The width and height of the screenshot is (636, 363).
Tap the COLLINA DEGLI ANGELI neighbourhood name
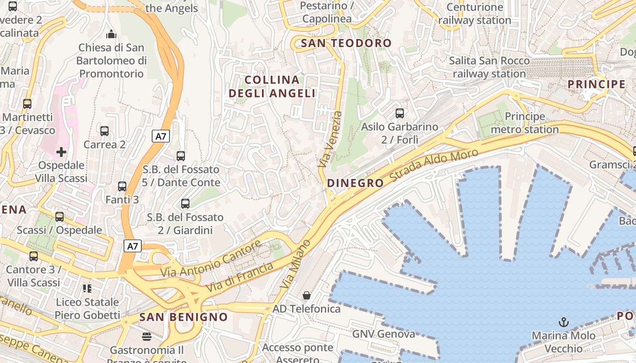pyautogui.click(x=272, y=87)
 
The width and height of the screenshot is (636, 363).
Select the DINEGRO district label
pyautogui.click(x=355, y=183)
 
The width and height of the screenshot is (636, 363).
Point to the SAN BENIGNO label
pyautogui.click(x=184, y=317)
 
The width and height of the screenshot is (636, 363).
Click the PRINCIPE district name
pyautogui.click(x=596, y=84)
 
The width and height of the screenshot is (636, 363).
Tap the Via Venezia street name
pyautogui.click(x=330, y=139)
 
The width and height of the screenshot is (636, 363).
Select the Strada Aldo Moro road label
pyautogui.click(x=434, y=166)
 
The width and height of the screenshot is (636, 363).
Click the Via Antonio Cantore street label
pyautogui.click(x=211, y=259)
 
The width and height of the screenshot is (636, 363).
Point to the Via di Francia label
pyautogui.click(x=239, y=277)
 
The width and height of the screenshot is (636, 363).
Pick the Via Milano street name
pyautogui.click(x=296, y=264)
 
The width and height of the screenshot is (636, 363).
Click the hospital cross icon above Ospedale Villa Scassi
pyautogui.click(x=61, y=152)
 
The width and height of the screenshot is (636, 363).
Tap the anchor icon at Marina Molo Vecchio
pyautogui.click(x=563, y=322)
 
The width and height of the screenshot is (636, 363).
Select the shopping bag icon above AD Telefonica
pyautogui.click(x=307, y=295)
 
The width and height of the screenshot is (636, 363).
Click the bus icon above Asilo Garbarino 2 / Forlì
pyautogui.click(x=400, y=113)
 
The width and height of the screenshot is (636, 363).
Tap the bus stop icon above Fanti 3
pyautogui.click(x=122, y=186)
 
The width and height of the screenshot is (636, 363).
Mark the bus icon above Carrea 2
pyautogui.click(x=104, y=131)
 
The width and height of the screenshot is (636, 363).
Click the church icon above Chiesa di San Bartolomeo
pyautogui.click(x=111, y=34)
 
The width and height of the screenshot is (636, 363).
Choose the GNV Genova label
pyautogui.click(x=384, y=334)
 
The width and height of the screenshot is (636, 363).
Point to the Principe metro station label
pyautogui.click(x=525, y=123)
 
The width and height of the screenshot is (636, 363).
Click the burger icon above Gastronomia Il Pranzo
pyautogui.click(x=147, y=336)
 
